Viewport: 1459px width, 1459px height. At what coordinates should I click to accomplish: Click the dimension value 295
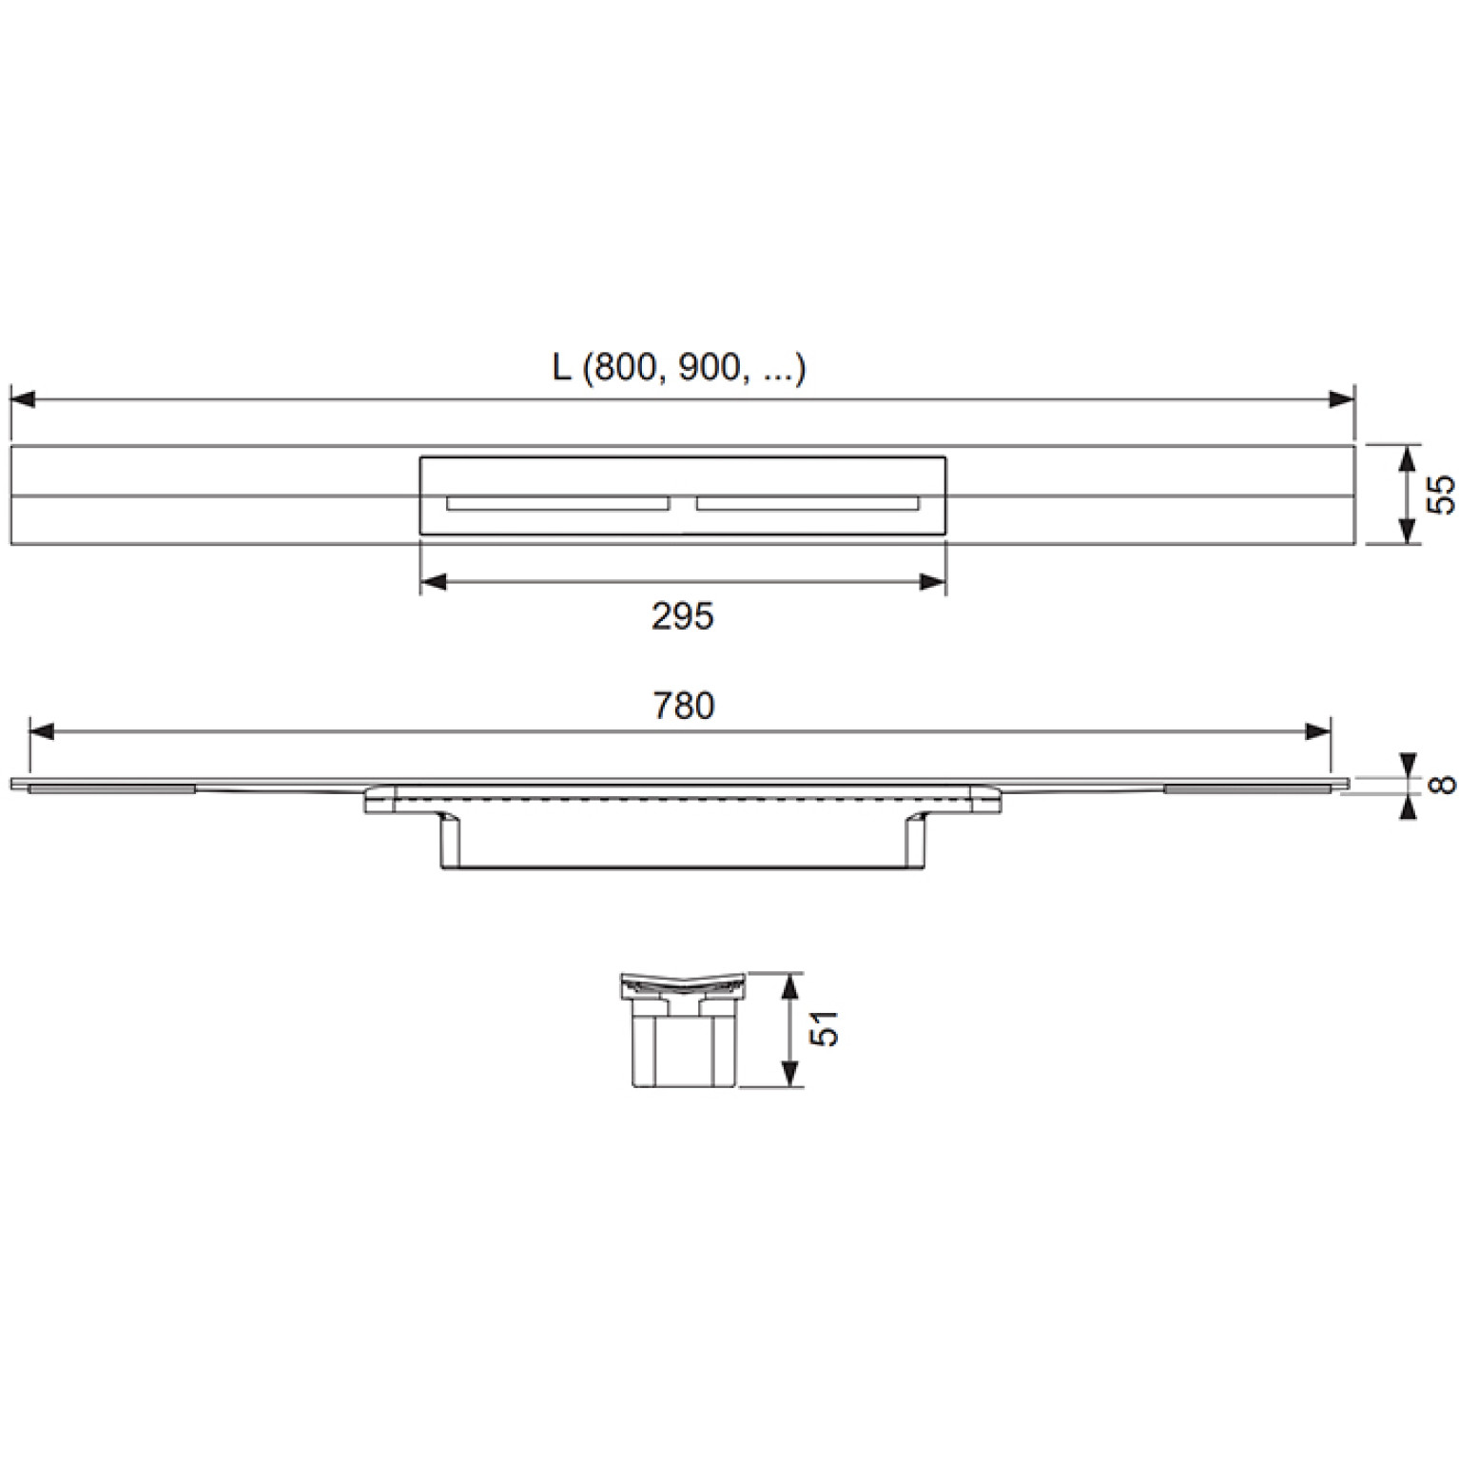[x=682, y=617]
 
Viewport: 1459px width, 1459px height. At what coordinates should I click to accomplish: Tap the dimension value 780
[x=683, y=706]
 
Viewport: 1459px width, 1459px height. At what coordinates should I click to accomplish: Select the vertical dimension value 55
[x=1442, y=495]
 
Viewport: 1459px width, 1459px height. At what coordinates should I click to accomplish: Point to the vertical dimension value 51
[x=828, y=1029]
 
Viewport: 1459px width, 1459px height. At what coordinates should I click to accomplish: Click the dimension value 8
[x=1444, y=784]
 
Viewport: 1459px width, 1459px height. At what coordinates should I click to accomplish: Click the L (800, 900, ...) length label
[x=679, y=368]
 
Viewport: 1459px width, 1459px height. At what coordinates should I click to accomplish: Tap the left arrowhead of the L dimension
[x=22, y=399]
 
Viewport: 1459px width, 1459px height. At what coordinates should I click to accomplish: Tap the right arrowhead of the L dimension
[x=1342, y=399]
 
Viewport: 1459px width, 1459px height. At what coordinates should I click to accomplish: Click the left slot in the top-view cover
[x=558, y=502]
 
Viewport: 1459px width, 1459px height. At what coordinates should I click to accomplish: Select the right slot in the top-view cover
[x=807, y=502]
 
